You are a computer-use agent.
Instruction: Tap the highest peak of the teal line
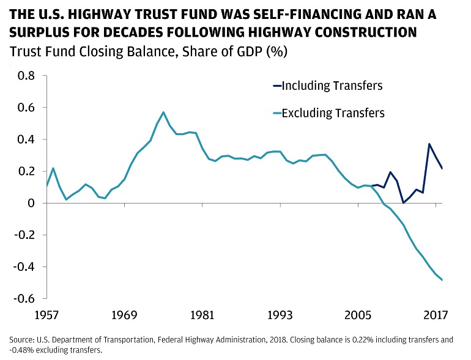click(x=163, y=112)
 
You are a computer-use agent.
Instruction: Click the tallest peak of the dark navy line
click(x=429, y=144)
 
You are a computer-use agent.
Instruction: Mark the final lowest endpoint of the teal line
click(x=442, y=280)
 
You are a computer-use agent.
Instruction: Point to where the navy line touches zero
click(x=403, y=202)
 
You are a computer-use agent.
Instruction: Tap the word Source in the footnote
click(x=22, y=340)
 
